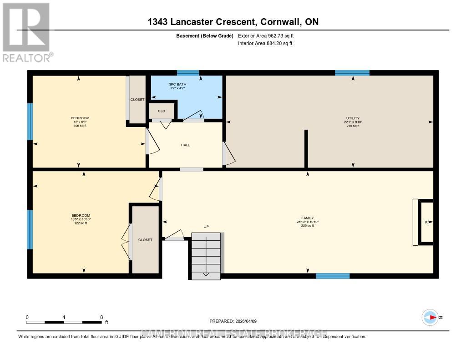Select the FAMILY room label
click(307, 218)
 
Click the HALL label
click(185, 145)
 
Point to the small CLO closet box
click(161, 111)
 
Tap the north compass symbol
click(430, 317)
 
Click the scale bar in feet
click(64, 322)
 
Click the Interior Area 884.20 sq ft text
click(265, 44)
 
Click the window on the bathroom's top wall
click(188, 73)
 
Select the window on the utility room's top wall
click(352, 73)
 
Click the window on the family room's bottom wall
click(333, 276)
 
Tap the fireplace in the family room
click(425, 222)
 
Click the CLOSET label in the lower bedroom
click(145, 240)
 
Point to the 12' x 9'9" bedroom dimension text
click(80, 122)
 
